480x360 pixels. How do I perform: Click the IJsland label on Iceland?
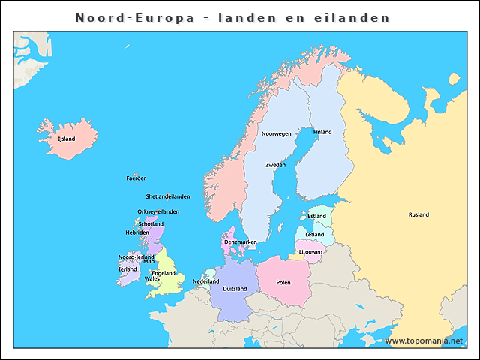67,139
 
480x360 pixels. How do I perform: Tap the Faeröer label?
136,178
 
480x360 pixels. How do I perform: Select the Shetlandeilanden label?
167,196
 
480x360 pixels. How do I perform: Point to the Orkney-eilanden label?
158,211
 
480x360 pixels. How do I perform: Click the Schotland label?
151,224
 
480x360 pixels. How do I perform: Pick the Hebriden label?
136,232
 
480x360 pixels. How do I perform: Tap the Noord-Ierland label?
136,256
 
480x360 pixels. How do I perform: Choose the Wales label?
152,278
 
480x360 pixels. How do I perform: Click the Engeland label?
163,273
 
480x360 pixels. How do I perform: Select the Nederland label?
206,281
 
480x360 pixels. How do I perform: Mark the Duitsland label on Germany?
235,289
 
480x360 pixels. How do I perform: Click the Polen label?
283,283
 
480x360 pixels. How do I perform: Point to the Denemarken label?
241,242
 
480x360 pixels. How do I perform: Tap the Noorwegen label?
276,133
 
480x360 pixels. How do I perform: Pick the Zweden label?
275,164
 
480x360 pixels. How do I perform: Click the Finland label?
322,132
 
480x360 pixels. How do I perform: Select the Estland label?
317,217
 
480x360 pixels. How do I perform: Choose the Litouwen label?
310,252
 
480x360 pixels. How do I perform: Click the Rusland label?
418,214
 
